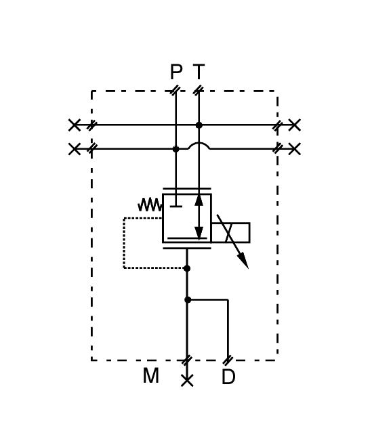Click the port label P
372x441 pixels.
176,72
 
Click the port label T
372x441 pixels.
199,72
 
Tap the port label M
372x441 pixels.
150,376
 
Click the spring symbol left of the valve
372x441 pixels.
150,205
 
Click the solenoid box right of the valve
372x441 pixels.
230,232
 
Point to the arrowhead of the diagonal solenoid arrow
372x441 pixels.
243,261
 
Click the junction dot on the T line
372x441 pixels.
199,125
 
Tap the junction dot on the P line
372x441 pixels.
176,149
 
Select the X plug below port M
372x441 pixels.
187,381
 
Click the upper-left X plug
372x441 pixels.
75,125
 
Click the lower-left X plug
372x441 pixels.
75,149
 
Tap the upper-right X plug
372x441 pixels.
294,125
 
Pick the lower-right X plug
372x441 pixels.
294,149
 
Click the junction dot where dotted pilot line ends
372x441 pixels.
187,268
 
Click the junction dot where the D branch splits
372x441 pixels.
188,299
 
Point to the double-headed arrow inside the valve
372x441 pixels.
199,217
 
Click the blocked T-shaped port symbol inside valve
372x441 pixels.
176,203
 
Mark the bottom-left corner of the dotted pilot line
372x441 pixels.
124,268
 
